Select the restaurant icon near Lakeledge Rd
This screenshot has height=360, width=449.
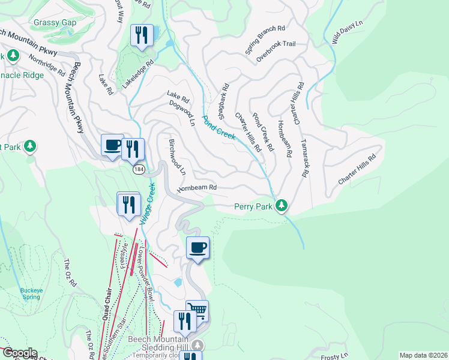[142, 35]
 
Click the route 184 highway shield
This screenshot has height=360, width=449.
[139, 170]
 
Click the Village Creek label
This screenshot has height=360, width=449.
[148, 205]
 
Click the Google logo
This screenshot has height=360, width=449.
[19, 353]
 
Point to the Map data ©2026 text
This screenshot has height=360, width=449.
[423, 355]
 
